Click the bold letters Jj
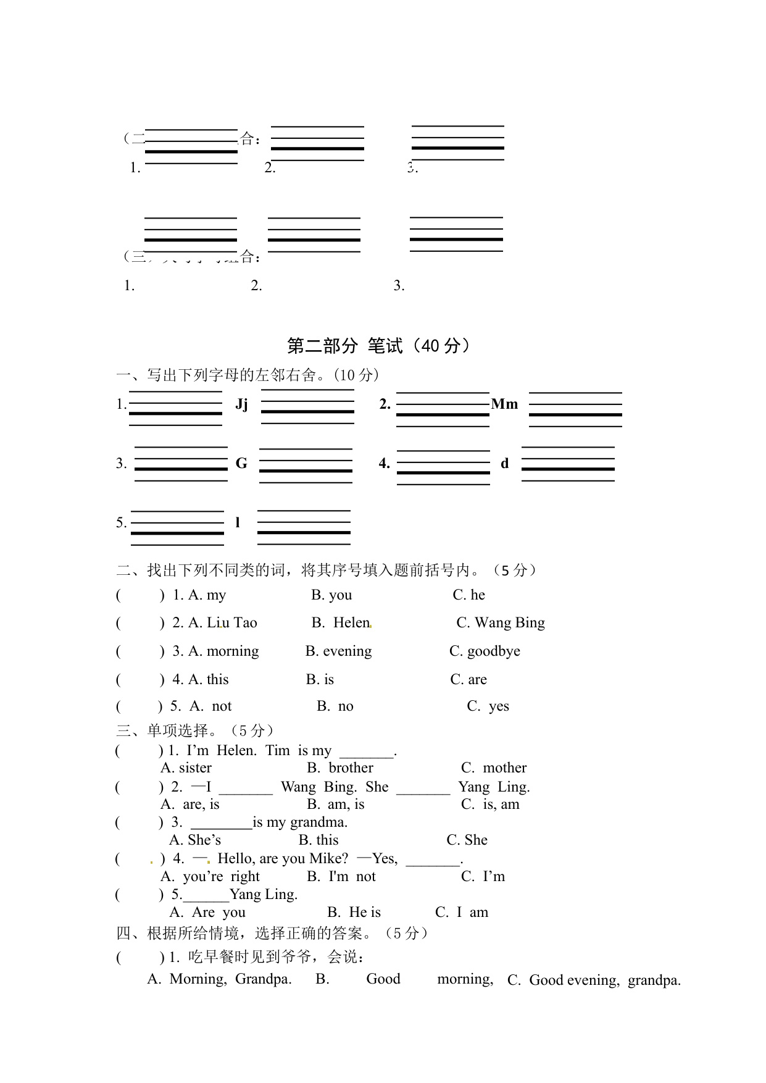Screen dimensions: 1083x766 [x=241, y=404]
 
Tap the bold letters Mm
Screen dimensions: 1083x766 [x=504, y=404]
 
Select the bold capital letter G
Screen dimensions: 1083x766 [x=241, y=463]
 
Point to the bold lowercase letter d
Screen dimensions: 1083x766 [x=504, y=464]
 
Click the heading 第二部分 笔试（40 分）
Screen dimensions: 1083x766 [x=378, y=346]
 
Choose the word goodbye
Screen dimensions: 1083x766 [x=493, y=651]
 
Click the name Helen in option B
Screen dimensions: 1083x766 [x=351, y=623]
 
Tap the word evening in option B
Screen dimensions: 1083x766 [x=347, y=651]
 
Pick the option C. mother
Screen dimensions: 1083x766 [x=494, y=767]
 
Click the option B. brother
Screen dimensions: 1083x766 [x=340, y=767]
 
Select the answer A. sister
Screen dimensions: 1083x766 [x=186, y=767]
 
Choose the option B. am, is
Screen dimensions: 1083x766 [x=336, y=804]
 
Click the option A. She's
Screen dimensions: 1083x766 [x=195, y=840]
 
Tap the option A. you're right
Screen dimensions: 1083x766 [x=210, y=877]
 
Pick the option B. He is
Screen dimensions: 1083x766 [x=354, y=913]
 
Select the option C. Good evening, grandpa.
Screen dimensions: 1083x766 [x=594, y=981]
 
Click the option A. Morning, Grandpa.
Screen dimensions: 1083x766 [x=219, y=979]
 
